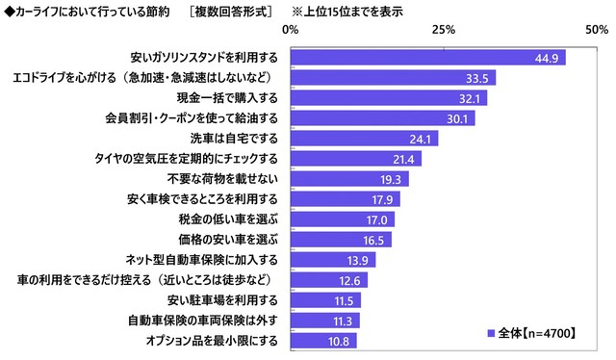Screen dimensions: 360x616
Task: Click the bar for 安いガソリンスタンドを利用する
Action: tap(427, 58)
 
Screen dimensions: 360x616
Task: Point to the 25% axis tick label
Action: tap(443, 32)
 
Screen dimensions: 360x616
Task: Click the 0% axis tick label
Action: tap(290, 32)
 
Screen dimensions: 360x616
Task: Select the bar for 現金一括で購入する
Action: tap(388, 98)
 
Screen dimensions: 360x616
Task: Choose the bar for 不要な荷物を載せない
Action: tap(348, 179)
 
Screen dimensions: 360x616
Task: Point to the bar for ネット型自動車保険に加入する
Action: tap(332, 260)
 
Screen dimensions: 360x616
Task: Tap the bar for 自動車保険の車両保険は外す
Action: tap(324, 321)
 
